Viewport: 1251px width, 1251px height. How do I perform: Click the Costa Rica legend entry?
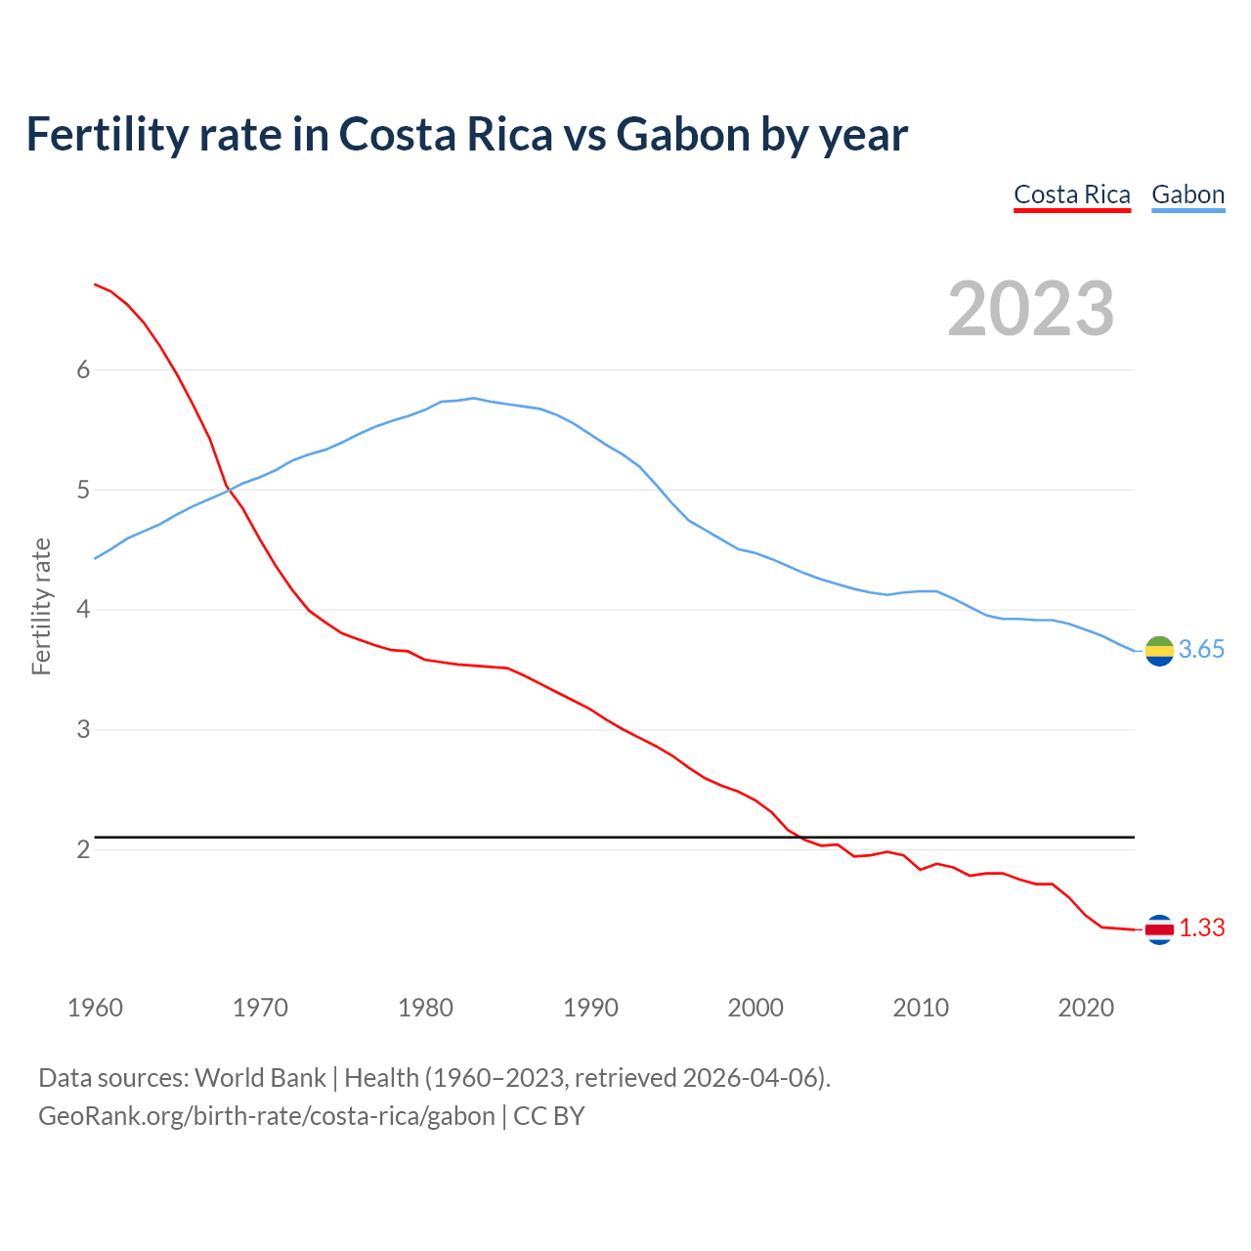[x=1071, y=194]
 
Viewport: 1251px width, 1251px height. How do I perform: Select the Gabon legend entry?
[x=1187, y=194]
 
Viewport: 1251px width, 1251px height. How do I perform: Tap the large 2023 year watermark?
[x=1031, y=309]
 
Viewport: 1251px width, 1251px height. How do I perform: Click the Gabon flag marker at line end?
[x=1159, y=650]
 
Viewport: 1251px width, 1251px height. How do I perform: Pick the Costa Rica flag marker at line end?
[x=1159, y=929]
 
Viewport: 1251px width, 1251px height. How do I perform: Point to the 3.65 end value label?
[x=1201, y=650]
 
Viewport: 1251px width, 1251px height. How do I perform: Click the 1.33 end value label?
[x=1201, y=928]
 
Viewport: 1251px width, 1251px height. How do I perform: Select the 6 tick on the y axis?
[x=83, y=369]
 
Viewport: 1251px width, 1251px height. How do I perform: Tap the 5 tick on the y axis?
[x=83, y=490]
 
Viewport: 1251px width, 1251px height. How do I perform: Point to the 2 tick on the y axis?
[x=83, y=849]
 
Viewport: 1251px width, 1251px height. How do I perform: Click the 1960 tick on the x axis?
[x=95, y=1008]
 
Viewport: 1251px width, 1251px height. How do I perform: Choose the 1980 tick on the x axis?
[x=425, y=1008]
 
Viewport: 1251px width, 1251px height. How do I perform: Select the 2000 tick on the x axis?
[x=755, y=1008]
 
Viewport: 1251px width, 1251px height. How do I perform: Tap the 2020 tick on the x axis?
[x=1086, y=1008]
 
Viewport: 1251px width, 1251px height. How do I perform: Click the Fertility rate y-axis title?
[x=41, y=606]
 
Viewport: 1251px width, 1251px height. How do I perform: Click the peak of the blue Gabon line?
[x=474, y=398]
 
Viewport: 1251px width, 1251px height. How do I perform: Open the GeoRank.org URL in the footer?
[x=267, y=1115]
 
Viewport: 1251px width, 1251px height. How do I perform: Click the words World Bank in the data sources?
[x=260, y=1078]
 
